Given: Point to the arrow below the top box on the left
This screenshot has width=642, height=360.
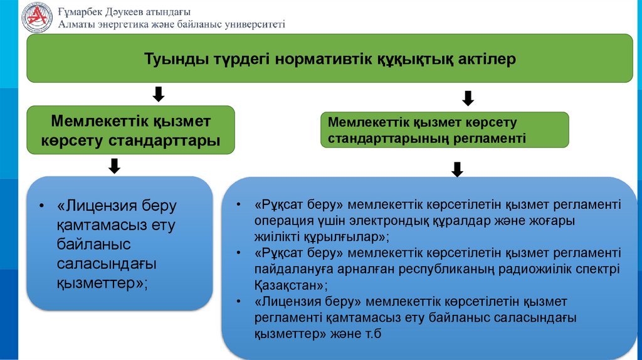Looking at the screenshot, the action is (x=159, y=94).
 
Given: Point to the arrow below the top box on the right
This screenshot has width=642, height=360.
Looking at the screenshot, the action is (x=468, y=98).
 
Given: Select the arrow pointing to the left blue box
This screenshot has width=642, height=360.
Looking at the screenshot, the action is (x=114, y=166).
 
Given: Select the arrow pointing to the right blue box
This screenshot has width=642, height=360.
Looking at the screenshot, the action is (x=457, y=169).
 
